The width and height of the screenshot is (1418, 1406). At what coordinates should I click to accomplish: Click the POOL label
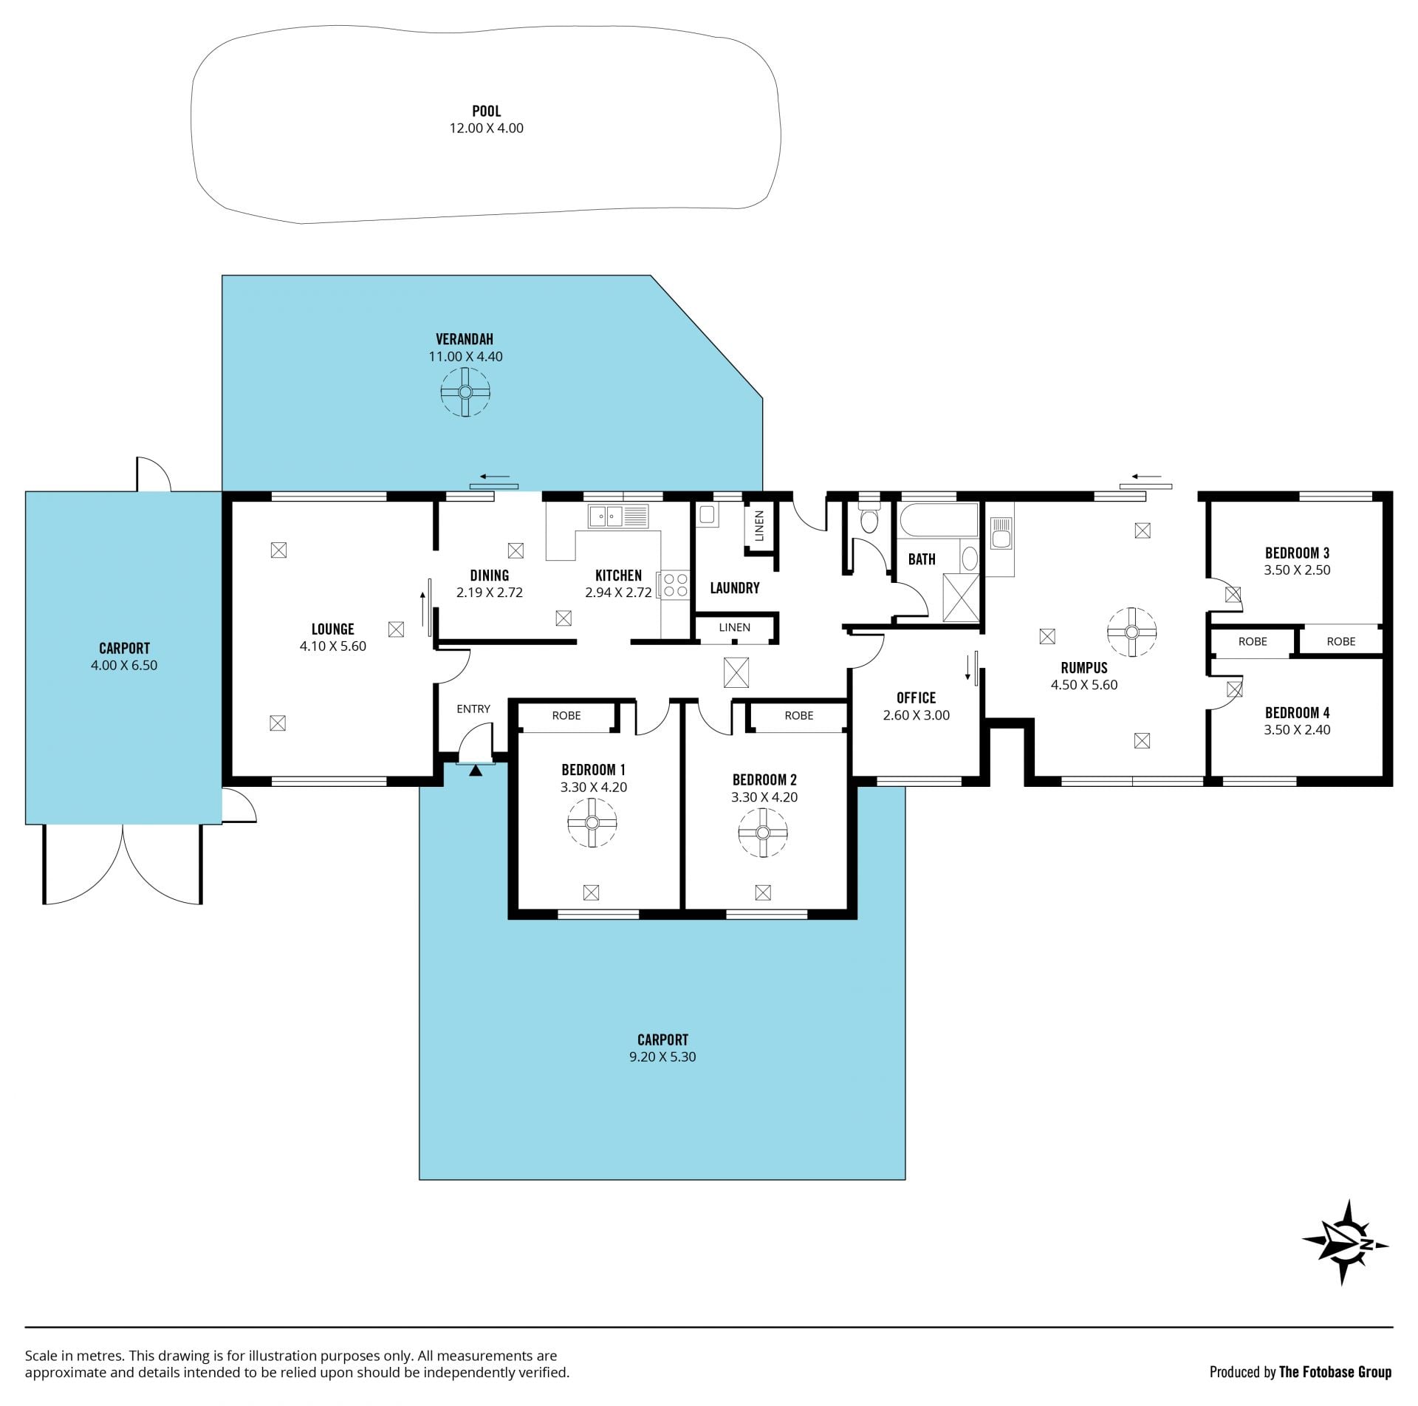pos(487,112)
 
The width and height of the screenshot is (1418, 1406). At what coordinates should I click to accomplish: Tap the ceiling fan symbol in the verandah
pos(465,392)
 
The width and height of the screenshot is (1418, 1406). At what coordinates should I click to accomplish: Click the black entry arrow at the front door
pos(476,771)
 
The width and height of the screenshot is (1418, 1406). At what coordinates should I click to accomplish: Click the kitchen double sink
pos(618,516)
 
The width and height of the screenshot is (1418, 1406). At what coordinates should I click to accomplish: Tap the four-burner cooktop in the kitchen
pos(676,586)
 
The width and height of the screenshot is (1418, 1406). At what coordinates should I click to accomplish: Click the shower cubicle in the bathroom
pos(961,598)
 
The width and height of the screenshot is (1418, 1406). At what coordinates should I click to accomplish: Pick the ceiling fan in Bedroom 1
pos(592,823)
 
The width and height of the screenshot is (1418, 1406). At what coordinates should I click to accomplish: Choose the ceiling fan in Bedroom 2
pos(763,833)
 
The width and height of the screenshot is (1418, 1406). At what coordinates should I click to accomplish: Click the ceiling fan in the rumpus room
pos(1131,632)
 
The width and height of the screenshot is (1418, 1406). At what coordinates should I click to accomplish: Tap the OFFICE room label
pos(916,697)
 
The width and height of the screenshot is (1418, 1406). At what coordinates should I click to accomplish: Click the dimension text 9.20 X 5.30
pos(662,1057)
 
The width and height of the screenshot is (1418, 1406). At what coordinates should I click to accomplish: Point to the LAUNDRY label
pos(735,588)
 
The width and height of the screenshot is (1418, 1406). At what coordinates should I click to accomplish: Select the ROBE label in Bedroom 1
pos(566,715)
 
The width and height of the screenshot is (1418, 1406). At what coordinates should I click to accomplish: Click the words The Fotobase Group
pos(1335,1372)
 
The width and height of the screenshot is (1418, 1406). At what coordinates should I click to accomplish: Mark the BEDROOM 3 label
pos(1298,553)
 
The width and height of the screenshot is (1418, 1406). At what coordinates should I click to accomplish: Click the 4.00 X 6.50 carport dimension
pos(124,665)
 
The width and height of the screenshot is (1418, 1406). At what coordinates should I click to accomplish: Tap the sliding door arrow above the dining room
pos(494,477)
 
